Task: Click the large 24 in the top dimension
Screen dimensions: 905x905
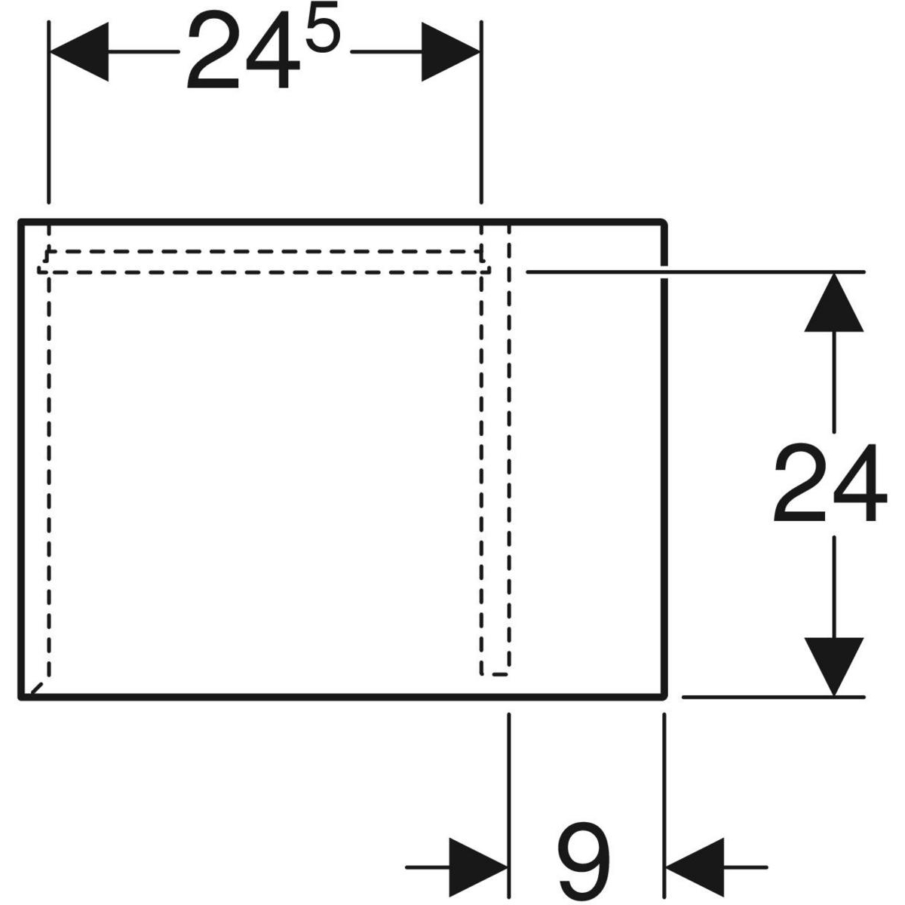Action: [243, 49]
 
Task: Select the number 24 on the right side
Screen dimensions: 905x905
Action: [830, 483]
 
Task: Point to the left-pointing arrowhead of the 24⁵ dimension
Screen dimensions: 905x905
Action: [79, 52]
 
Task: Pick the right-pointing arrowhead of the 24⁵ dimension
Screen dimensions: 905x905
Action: [450, 52]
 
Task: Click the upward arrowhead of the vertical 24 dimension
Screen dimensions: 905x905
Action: [833, 302]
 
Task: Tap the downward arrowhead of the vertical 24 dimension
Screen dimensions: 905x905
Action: [833, 667]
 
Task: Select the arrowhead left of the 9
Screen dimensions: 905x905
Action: [478, 867]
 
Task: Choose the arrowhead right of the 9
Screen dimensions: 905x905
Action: [695, 867]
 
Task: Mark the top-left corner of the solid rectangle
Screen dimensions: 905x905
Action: [20, 221]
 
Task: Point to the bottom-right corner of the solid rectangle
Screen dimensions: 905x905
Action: [664, 698]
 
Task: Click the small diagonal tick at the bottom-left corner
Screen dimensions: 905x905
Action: [37, 689]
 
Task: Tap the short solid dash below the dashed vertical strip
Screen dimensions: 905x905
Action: [500, 674]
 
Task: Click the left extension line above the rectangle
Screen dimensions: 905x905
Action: [49, 112]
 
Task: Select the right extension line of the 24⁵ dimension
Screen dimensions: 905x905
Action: [481, 112]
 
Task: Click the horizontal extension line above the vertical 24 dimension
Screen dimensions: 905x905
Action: [695, 272]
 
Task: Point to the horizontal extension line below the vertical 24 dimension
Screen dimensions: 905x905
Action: [774, 698]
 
